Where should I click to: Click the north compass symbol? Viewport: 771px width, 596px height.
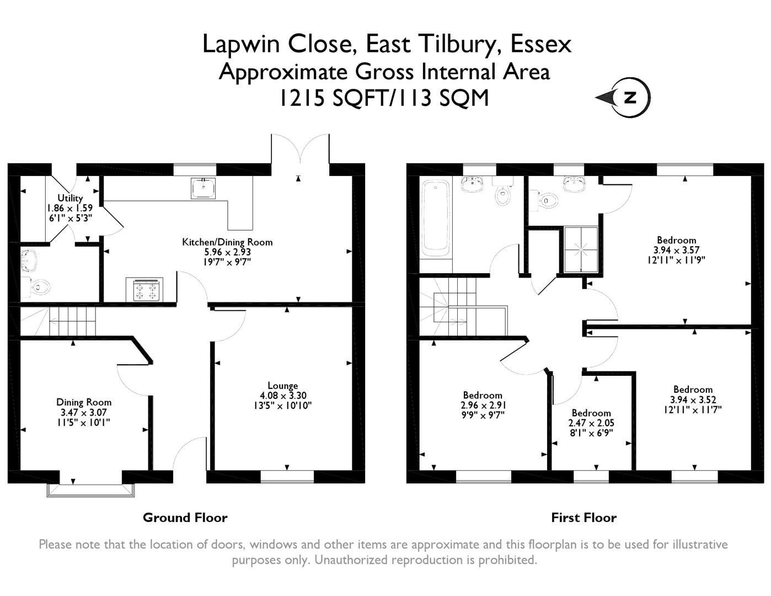[x=624, y=97]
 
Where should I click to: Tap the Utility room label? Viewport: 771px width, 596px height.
[x=70, y=198]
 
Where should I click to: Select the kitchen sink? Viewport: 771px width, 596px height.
[x=204, y=188]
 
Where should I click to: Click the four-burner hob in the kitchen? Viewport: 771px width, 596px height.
[x=144, y=290]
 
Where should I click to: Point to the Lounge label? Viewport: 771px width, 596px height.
[x=283, y=386]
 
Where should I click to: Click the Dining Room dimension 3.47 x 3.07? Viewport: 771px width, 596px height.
[x=84, y=412]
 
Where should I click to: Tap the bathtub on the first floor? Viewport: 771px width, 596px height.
[x=436, y=220]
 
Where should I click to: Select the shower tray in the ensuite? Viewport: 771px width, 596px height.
[x=581, y=250]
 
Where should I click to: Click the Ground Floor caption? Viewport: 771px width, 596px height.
[x=185, y=517]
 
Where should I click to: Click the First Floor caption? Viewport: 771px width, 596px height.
[x=584, y=517]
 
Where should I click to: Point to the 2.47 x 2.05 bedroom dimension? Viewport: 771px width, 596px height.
[x=591, y=423]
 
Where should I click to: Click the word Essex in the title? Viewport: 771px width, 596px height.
[x=540, y=45]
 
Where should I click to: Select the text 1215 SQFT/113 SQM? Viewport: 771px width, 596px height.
[x=384, y=98]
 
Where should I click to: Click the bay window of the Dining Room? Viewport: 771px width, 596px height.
[x=90, y=490]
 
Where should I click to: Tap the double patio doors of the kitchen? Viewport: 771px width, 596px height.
[x=301, y=149]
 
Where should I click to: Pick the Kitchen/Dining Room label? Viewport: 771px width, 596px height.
[x=227, y=242]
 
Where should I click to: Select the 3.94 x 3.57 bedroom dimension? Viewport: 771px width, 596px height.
[x=676, y=250]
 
